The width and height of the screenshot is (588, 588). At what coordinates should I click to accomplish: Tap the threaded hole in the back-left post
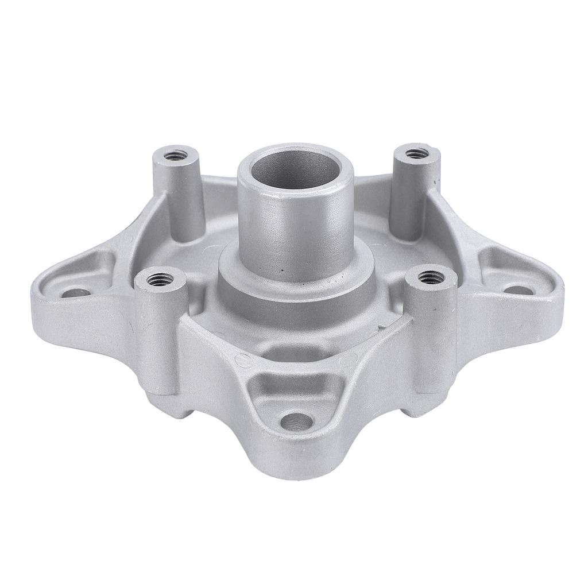tap(175, 154)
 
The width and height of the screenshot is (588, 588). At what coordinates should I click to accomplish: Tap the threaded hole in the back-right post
tap(417, 153)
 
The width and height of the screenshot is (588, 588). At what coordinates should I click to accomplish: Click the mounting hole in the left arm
tap(76, 293)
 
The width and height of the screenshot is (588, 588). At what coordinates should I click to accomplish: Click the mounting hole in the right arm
tap(517, 290)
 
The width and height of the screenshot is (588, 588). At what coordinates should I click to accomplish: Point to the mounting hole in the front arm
tap(299, 422)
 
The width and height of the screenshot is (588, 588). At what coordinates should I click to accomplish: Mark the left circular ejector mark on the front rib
tap(243, 361)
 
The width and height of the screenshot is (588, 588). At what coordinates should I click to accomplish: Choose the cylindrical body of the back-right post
tap(411, 195)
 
